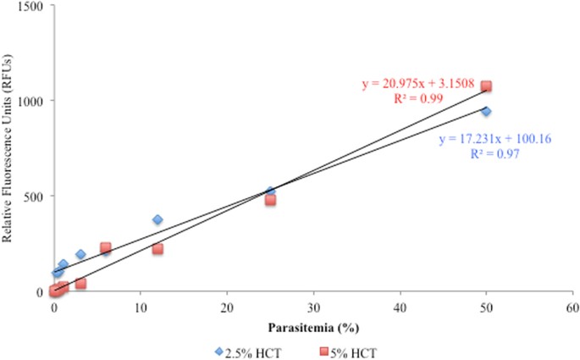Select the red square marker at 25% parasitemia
click(270, 200)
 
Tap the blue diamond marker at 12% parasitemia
click(157, 219)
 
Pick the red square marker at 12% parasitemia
click(157, 249)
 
